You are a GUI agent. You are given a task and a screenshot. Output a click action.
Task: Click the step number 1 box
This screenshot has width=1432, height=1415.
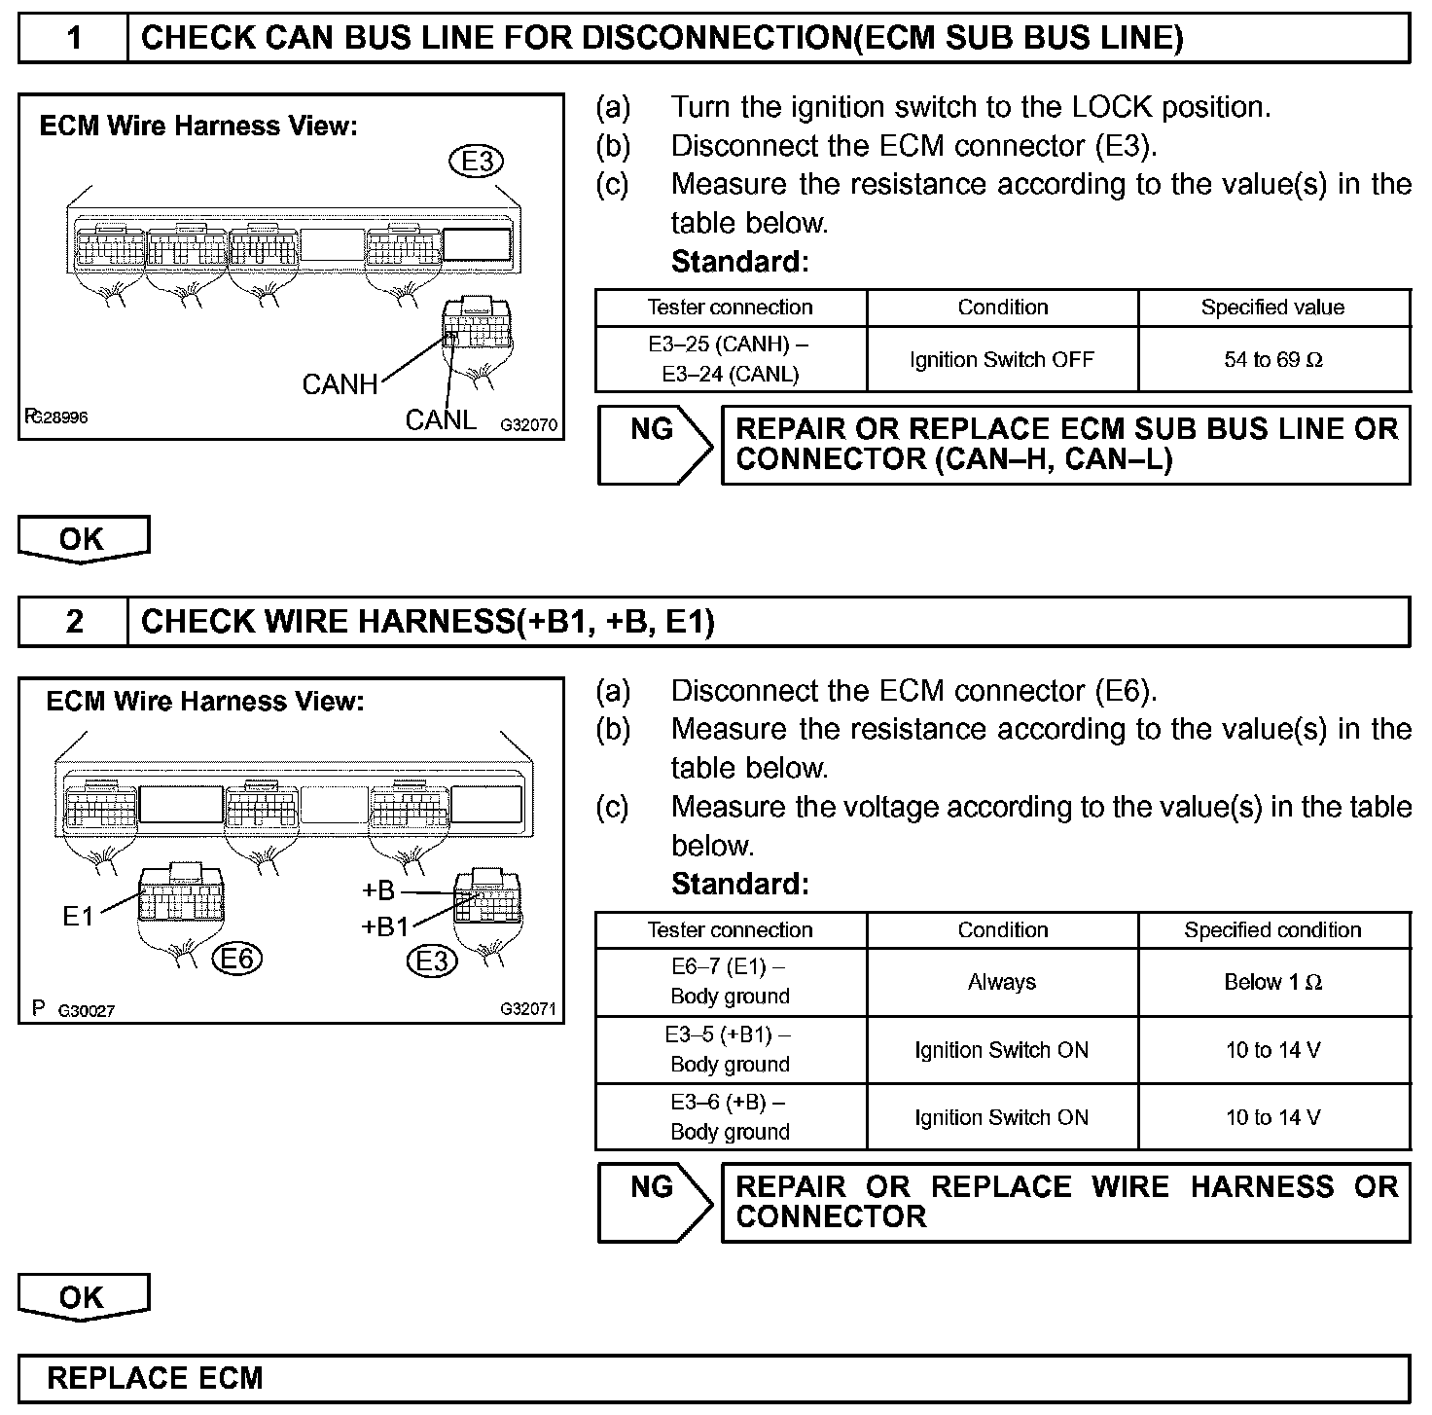(74, 38)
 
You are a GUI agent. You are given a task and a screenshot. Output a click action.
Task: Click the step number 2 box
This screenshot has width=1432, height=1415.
(74, 622)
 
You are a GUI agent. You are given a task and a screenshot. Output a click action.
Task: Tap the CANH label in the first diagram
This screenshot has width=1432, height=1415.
(340, 384)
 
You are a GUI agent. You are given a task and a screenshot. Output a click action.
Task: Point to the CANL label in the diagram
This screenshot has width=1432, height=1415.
(441, 419)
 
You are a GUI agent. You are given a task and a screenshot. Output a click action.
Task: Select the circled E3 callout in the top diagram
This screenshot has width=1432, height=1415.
(477, 161)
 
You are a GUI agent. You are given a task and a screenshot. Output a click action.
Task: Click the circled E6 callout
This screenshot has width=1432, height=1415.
(237, 960)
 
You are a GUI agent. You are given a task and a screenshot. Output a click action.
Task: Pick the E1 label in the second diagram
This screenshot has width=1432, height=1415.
(78, 916)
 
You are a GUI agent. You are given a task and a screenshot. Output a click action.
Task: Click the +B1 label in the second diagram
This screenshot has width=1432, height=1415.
(385, 926)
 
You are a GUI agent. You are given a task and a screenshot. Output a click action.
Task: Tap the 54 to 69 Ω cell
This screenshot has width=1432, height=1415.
(1273, 360)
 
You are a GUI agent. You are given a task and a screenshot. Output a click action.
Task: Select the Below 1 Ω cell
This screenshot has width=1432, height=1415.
(1273, 983)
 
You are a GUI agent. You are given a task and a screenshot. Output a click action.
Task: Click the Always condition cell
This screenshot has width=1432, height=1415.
(1002, 983)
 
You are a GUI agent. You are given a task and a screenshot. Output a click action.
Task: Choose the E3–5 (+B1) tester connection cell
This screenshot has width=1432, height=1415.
(730, 1050)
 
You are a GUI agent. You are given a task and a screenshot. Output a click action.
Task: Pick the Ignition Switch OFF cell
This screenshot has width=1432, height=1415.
(1002, 360)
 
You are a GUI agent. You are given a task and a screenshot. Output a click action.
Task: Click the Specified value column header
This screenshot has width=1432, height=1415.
(1273, 308)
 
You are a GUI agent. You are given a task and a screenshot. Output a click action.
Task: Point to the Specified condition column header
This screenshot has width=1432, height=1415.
(1273, 930)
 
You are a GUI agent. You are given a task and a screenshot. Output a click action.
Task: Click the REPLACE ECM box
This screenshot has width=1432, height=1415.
(714, 1379)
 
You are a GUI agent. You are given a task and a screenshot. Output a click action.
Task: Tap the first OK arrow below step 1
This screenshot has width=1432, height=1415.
(83, 540)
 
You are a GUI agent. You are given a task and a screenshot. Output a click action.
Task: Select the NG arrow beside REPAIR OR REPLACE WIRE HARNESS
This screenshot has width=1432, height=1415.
(654, 1203)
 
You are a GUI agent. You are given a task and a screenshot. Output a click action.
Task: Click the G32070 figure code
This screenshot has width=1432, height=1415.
(529, 425)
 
